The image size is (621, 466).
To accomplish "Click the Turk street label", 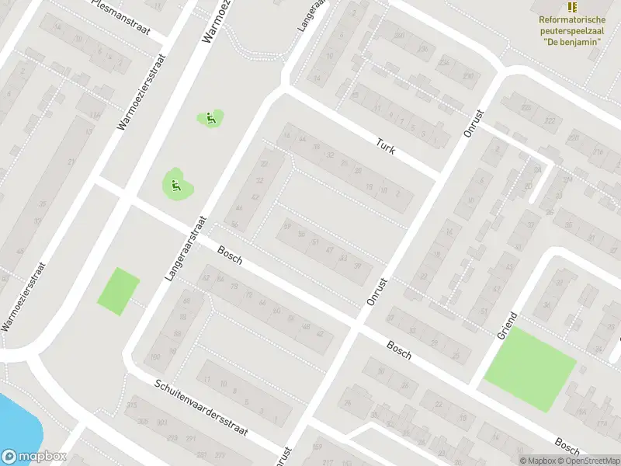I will tap(386, 145).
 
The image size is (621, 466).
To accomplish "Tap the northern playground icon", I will tap(210, 119).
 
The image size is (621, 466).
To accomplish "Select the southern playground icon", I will tap(175, 185).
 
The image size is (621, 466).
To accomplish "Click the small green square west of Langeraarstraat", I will tap(118, 291).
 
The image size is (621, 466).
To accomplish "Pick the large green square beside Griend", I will tap(530, 369).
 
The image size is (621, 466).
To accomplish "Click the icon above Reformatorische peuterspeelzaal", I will tap(572, 7).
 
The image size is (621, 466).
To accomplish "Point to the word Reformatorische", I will tap(572, 19).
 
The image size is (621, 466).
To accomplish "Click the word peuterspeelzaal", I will tap(572, 30).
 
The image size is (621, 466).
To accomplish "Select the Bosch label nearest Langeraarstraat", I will tap(230, 256).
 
